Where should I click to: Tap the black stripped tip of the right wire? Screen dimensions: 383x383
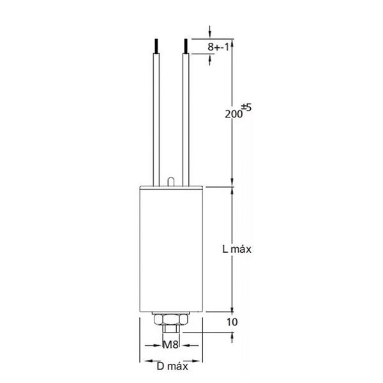(186, 46)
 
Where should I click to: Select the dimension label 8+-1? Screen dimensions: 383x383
(220, 47)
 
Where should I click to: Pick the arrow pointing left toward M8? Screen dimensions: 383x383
(184, 345)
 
